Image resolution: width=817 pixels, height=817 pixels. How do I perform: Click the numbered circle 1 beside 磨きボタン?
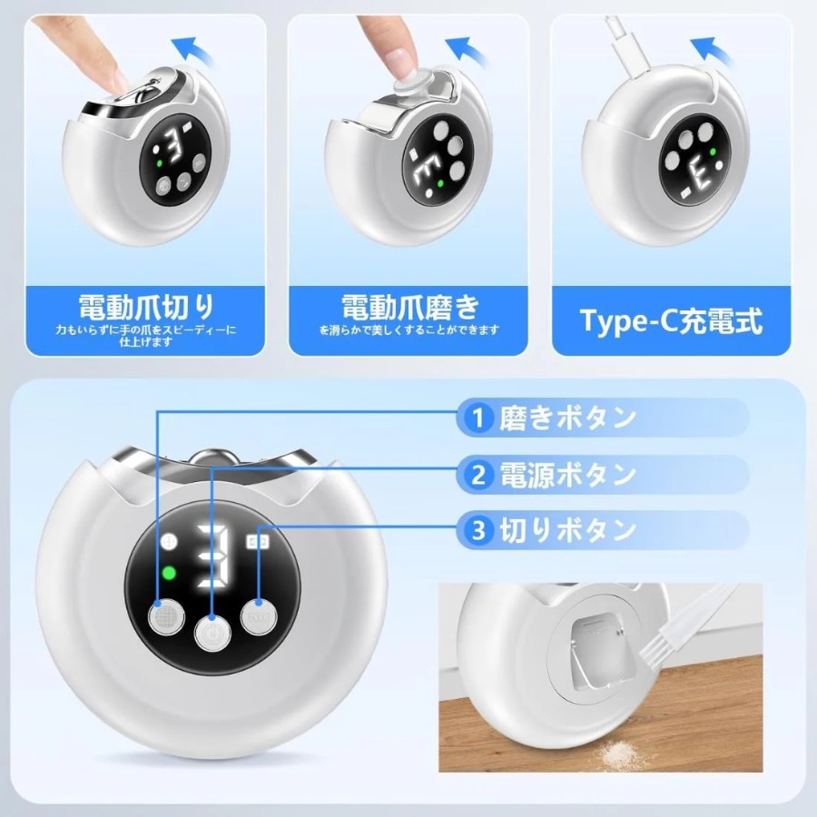click(477, 418)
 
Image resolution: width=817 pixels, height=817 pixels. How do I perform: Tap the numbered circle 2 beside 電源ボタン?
click(477, 475)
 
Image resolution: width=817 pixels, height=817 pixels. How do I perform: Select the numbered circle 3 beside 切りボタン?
click(477, 530)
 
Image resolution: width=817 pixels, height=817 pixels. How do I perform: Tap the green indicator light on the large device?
click(169, 573)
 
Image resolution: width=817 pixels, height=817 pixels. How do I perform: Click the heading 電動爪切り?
click(146, 307)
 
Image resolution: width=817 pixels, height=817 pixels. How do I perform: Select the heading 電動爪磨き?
click(409, 307)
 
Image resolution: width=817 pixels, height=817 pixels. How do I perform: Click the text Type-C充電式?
click(671, 321)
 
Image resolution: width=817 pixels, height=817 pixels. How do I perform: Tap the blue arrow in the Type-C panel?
click(711, 51)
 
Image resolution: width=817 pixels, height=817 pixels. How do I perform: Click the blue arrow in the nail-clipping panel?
click(194, 51)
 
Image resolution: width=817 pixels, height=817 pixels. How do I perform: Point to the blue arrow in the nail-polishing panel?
click(466, 51)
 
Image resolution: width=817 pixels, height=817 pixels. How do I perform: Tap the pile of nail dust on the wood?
click(622, 751)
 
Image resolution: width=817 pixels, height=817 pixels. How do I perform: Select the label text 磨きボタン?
click(567, 418)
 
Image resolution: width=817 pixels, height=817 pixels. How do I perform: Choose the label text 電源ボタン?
click(567, 475)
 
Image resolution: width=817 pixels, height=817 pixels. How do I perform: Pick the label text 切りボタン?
click(567, 530)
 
